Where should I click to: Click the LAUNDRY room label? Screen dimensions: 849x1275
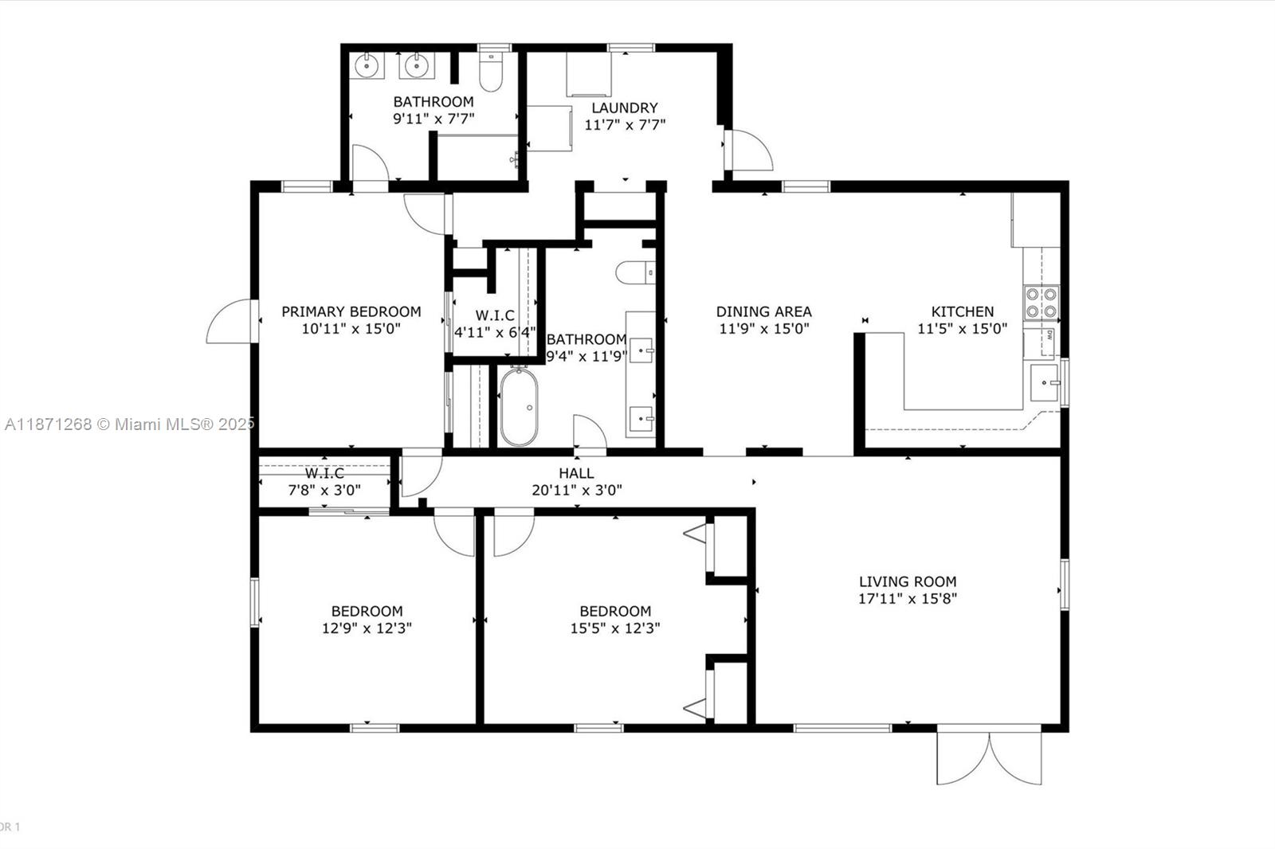(624, 108)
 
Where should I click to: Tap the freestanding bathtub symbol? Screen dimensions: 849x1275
(519, 407)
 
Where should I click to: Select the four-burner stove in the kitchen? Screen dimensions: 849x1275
(1041, 302)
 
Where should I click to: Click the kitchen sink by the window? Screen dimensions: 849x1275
(1044, 383)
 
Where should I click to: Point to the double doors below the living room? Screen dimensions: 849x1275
(989, 757)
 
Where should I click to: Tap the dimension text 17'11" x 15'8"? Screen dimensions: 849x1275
(907, 599)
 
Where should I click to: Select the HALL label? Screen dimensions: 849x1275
(575, 473)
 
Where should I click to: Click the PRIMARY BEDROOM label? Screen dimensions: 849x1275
(351, 311)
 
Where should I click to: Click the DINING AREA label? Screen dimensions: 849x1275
(763, 311)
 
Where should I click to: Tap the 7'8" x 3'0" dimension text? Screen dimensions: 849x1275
(324, 491)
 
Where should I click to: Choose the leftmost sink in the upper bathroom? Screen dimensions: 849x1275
(367, 65)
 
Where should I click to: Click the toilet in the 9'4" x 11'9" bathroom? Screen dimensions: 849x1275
(635, 272)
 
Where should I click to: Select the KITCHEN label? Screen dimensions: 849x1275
(963, 311)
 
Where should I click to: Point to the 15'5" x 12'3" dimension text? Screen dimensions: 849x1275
(614, 628)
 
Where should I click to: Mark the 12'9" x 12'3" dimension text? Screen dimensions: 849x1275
(367, 628)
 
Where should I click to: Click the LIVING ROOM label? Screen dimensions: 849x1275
(907, 581)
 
